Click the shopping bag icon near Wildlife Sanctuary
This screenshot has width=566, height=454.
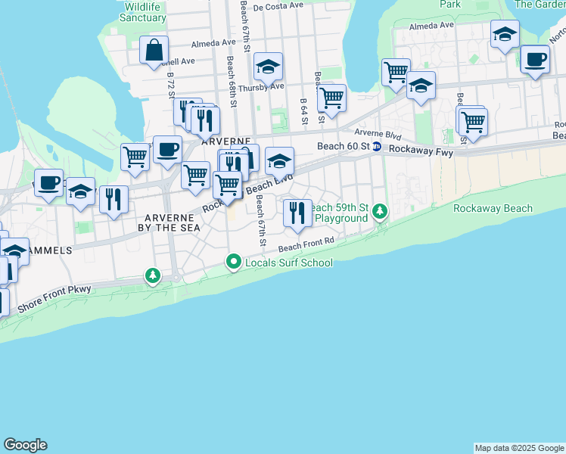(x=154, y=51)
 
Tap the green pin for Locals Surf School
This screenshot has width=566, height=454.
(x=233, y=263)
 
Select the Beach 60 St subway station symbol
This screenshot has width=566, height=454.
(x=376, y=147)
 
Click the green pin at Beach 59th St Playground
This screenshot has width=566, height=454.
(x=381, y=211)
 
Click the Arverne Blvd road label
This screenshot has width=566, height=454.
(x=377, y=134)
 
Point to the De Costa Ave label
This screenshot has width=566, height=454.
(x=278, y=7)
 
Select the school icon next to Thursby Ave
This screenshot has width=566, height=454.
(x=268, y=68)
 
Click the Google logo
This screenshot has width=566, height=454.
(x=25, y=445)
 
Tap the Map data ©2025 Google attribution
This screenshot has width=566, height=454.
(x=519, y=448)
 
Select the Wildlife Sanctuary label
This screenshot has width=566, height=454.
(x=145, y=12)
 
